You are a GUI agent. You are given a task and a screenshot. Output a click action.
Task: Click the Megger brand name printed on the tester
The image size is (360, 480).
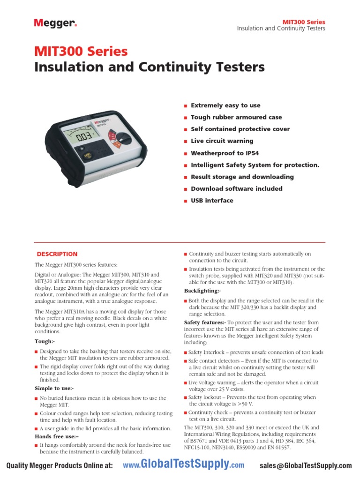[102, 120]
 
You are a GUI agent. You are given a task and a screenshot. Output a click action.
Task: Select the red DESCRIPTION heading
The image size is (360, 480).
[57, 254]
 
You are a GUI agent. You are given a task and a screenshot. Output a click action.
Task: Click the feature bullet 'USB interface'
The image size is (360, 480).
[211, 201]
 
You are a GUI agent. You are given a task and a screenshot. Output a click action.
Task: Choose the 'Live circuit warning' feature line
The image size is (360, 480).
[222, 141]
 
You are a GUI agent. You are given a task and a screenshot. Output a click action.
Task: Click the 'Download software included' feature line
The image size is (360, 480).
[236, 188]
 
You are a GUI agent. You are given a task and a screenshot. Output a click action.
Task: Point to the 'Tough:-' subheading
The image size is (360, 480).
[45, 341]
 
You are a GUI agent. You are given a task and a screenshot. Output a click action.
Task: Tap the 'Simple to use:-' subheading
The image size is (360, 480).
[54, 389]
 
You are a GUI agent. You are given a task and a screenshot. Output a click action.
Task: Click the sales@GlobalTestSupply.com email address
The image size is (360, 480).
[305, 465]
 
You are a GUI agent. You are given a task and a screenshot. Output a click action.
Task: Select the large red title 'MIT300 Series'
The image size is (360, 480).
[81, 51]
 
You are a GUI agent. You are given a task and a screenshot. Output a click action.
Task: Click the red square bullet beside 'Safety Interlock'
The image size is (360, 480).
[186, 352]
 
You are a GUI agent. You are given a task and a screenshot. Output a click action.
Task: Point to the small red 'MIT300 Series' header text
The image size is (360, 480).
[303, 22]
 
